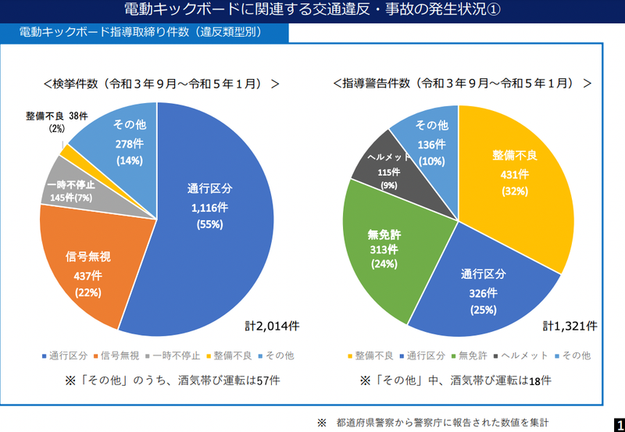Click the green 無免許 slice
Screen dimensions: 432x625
click(x=382, y=246)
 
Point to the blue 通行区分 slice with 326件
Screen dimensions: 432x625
click(x=480, y=293)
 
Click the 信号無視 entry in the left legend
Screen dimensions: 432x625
click(x=118, y=355)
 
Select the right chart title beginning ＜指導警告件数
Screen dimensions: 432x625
click(x=462, y=83)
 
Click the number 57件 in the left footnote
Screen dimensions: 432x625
click(x=268, y=380)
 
